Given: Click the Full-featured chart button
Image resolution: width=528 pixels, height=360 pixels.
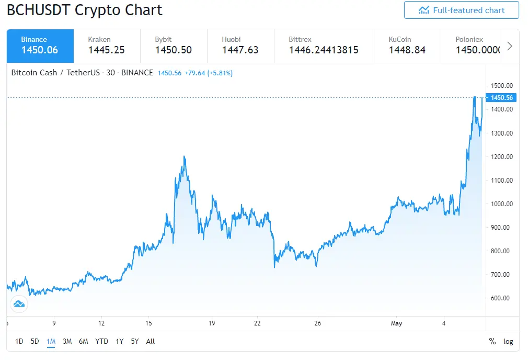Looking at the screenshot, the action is tap(461, 10).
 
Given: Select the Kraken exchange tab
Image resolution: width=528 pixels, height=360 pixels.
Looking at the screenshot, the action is tap(107, 46).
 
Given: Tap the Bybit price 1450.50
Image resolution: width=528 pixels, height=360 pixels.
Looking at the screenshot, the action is tap(174, 50).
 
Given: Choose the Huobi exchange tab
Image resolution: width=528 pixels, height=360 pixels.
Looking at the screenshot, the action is tap(241, 46).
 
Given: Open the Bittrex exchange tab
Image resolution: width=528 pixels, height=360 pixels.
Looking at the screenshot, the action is tap(324, 46).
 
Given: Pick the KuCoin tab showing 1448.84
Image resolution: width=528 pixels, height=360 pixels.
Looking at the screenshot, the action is tap(407, 46).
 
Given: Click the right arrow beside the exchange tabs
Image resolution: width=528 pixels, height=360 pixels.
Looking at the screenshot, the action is tap(510, 46).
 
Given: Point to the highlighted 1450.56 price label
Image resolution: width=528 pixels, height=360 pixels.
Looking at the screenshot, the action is tap(501, 98).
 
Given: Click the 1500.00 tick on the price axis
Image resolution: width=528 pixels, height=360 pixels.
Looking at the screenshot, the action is tap(502, 86).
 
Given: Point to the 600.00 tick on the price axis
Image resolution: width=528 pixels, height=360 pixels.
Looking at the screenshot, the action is tap(500, 298).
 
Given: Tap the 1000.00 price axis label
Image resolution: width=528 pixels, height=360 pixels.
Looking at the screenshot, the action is tap(502, 204).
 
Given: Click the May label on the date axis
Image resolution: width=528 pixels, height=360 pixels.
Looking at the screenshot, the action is tap(396, 323).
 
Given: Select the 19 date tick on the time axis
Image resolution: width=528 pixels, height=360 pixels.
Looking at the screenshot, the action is tap(212, 323).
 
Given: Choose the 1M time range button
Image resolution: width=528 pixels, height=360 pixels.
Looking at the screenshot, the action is tap(51, 342).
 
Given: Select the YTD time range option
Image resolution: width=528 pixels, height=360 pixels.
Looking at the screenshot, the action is tap(101, 342).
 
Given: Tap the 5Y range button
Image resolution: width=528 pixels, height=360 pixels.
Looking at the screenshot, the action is tap(135, 342).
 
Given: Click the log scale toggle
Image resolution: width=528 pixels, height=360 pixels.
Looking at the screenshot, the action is tap(508, 342).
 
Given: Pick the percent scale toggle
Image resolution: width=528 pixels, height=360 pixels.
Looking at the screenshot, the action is tap(492, 342).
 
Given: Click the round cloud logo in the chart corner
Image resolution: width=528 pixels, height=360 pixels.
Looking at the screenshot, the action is tap(19, 304).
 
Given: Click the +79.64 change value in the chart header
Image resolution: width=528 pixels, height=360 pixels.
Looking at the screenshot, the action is tap(194, 73).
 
